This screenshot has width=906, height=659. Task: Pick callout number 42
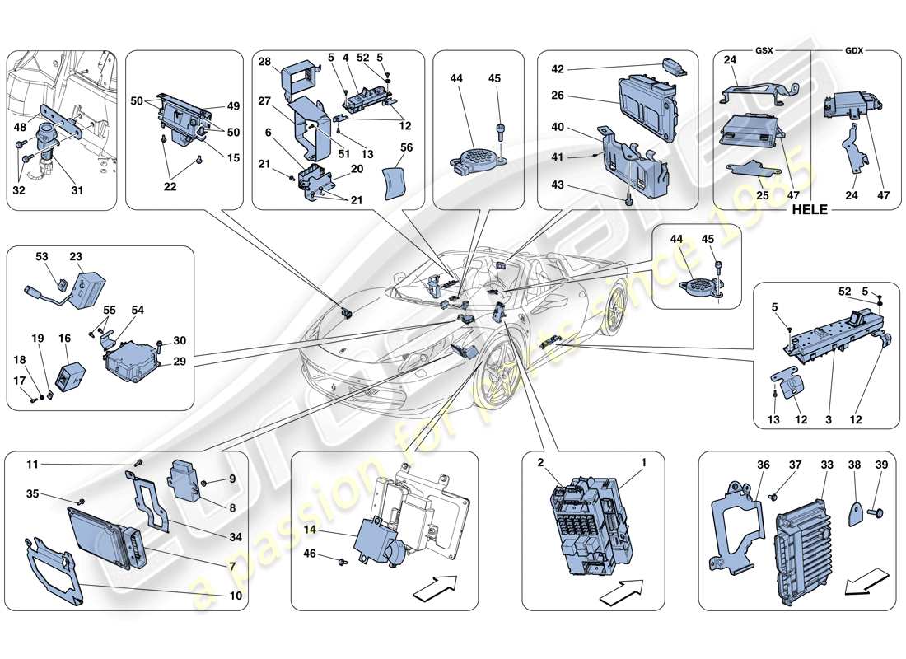[557, 70]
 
